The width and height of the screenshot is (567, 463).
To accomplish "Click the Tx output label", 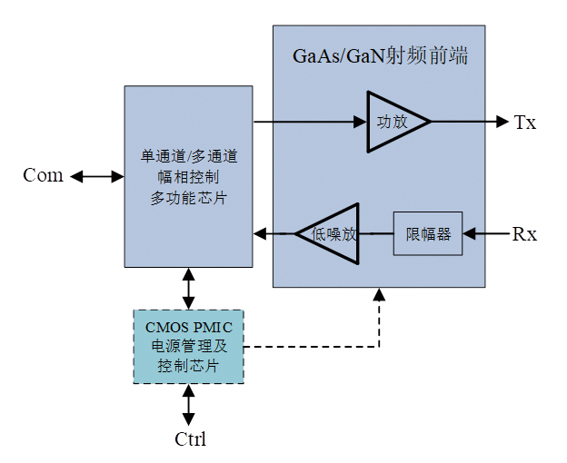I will coord(525,123).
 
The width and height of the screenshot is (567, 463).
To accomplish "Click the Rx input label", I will coord(524,234).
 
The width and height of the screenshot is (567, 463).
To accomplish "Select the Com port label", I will coord(43,176).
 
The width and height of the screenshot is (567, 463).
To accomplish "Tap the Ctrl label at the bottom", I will coord(190,440).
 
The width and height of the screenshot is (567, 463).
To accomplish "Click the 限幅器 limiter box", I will coord(427,234).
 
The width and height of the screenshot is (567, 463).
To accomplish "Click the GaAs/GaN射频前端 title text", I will coord(379,56).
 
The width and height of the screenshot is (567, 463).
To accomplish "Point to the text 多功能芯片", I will coord(188,197).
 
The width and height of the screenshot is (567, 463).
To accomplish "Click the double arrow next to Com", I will coord(97,176).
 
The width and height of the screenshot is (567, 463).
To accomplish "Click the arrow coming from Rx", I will coord(485,234).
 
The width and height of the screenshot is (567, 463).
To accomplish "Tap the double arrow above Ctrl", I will coord(188,405).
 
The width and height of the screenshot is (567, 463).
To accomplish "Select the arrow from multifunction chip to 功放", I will coord(309,121).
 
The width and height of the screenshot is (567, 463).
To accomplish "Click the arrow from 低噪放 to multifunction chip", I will coord(274,234).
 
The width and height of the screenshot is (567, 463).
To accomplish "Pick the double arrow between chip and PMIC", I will coord(188,288).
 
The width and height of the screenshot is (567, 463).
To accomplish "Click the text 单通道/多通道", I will coord(188,155).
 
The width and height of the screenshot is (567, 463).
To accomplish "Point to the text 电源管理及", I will coord(188,346).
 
